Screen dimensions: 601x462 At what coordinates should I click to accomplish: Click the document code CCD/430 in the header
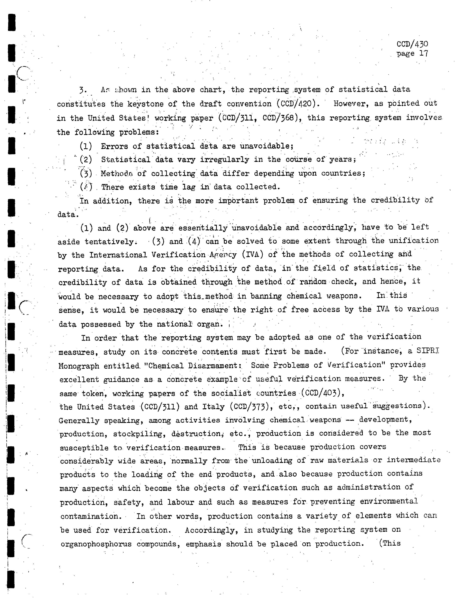coord(412,44)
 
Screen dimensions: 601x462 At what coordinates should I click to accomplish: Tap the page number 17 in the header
coord(423,53)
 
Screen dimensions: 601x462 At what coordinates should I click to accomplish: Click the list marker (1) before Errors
coord(86,146)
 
